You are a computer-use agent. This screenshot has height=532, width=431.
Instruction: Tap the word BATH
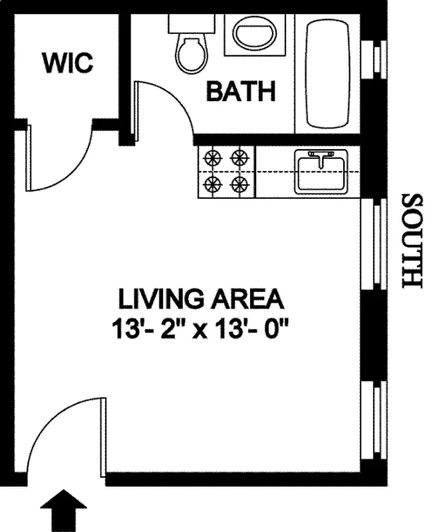click(x=241, y=92)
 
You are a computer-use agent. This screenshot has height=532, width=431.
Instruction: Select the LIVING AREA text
click(x=201, y=299)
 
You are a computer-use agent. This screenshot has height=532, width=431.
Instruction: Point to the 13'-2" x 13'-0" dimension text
click(x=201, y=329)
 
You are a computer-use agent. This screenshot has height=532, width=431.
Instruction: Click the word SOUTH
click(x=412, y=241)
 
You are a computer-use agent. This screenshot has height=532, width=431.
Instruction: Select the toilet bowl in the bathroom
click(x=190, y=53)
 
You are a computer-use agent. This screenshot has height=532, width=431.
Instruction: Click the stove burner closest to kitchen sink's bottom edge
click(x=239, y=184)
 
